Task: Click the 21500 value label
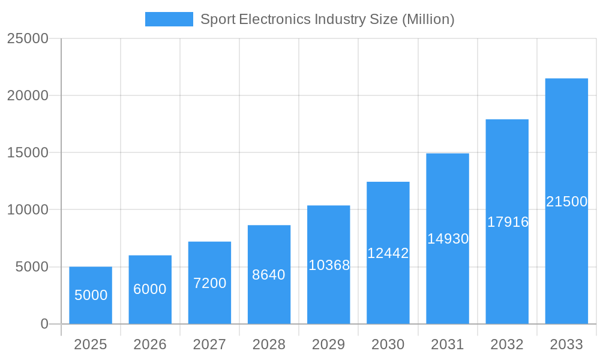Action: [x=566, y=202]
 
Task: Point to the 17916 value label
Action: [x=508, y=222]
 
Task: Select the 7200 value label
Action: [x=209, y=283]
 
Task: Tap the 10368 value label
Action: [x=329, y=265]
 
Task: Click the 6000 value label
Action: [x=150, y=289]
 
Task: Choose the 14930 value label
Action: [x=448, y=239]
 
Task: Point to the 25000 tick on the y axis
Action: [x=28, y=38]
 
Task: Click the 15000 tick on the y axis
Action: [x=28, y=152]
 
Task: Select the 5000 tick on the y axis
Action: [x=32, y=267]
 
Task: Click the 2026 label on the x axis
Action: [x=150, y=344]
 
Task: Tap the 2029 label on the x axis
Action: [x=329, y=344]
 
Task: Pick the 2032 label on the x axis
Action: [x=507, y=344]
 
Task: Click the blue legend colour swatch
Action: [x=169, y=19]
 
